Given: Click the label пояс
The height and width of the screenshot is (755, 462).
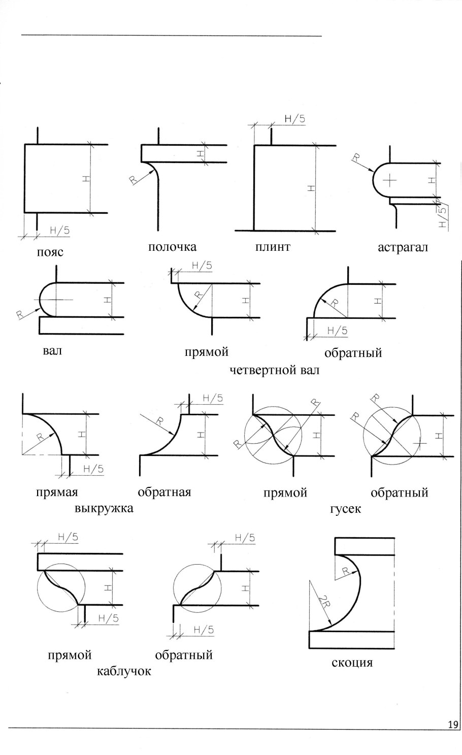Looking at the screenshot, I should pyautogui.click(x=50, y=253).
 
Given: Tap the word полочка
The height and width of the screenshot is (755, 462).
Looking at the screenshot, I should pyautogui.click(x=172, y=247).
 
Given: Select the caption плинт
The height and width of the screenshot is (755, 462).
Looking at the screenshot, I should pyautogui.click(x=272, y=247).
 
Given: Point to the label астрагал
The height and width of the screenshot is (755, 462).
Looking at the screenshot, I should pyautogui.click(x=403, y=248).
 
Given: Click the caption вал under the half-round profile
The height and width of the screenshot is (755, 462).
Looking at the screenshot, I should pyautogui.click(x=52, y=351).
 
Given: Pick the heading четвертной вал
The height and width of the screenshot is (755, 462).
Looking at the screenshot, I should pyautogui.click(x=274, y=370).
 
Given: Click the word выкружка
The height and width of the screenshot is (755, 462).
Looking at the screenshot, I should pyautogui.click(x=104, y=508).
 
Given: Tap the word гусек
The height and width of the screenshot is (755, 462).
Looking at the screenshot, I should pyautogui.click(x=345, y=508).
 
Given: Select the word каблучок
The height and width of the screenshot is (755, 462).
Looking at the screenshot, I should pyautogui.click(x=124, y=671).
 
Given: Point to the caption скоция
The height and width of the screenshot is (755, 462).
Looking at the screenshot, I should pyautogui.click(x=352, y=662).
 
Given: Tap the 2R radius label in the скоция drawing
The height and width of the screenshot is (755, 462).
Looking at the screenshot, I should pyautogui.click(x=323, y=602).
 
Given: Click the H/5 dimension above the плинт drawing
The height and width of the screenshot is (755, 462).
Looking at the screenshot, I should pyautogui.click(x=295, y=119).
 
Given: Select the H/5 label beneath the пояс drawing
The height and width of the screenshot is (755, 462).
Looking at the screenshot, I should pyautogui.click(x=60, y=230).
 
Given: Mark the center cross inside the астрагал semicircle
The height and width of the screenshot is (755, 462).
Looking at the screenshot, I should pyautogui.click(x=389, y=180).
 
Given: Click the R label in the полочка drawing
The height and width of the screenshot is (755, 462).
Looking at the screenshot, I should pyautogui.click(x=134, y=180).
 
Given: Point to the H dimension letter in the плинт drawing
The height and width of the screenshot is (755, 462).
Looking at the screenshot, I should pyautogui.click(x=311, y=188).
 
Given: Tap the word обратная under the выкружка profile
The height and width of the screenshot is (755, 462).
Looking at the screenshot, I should pyautogui.click(x=164, y=492).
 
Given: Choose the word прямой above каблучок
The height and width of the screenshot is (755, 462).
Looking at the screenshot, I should pyautogui.click(x=70, y=655).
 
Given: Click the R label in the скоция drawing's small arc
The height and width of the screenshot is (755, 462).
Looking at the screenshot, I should pyautogui.click(x=346, y=571).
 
